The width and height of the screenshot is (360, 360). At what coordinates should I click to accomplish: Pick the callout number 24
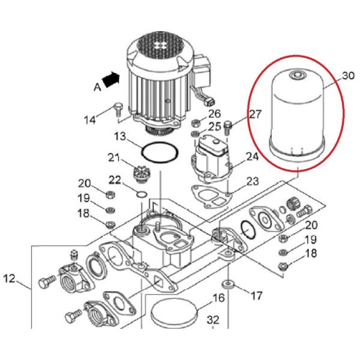click(251, 157)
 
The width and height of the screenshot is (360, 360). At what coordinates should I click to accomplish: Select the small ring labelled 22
click(141, 194)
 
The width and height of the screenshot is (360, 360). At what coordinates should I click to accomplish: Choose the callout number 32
click(214, 319)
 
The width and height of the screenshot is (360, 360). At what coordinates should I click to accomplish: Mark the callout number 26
click(214, 113)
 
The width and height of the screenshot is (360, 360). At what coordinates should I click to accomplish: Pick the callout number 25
click(214, 126)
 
